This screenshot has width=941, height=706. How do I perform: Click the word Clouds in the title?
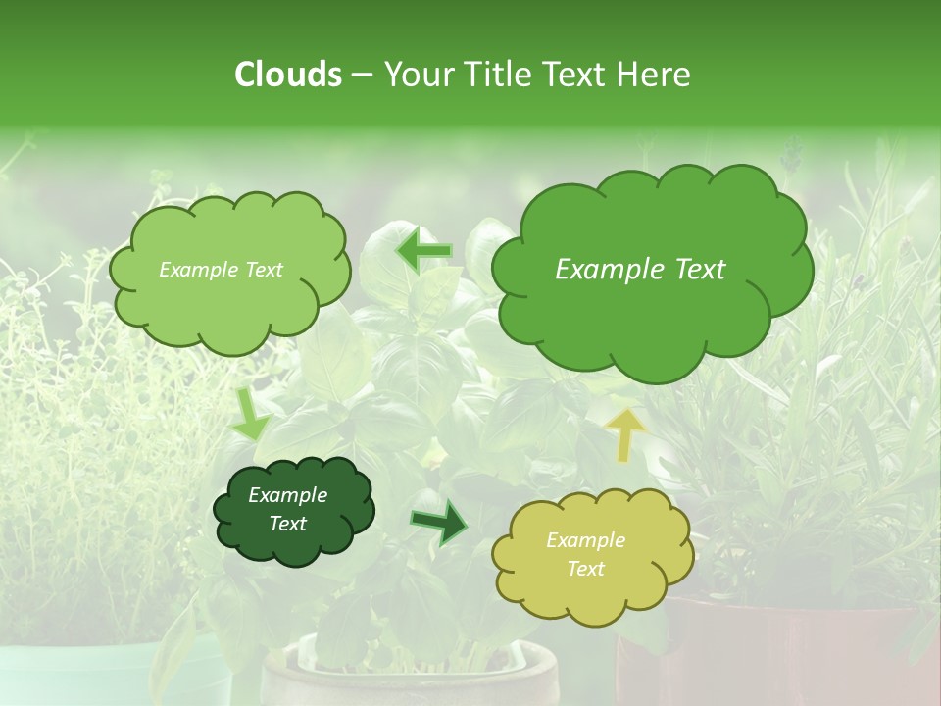287,75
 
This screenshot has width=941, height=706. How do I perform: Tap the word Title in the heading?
498,75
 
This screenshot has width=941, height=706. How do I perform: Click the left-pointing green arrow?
424,249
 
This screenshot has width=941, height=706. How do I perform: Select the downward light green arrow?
249,415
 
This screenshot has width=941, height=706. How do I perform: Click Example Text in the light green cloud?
221,270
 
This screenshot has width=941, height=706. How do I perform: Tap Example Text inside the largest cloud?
640,270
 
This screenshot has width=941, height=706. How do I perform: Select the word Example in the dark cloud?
287,495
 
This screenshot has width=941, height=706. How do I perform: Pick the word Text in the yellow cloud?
585,569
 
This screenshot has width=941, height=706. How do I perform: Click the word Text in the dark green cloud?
287,524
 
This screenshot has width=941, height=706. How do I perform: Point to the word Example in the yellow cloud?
585,540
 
